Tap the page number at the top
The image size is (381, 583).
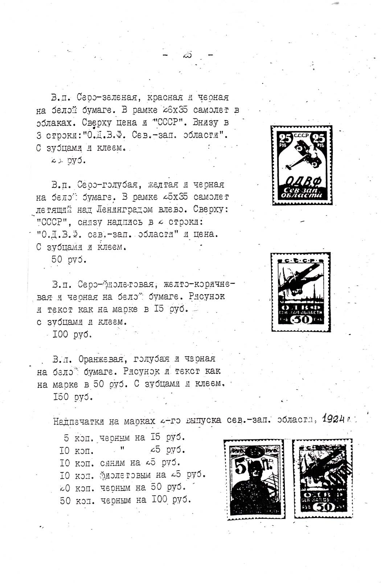pos(188,55)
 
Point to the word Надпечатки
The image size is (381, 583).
pos(78,421)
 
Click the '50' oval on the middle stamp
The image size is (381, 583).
pos(301,319)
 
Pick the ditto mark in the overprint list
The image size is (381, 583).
pos(122,449)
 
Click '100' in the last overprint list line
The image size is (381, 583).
pos(159,500)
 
